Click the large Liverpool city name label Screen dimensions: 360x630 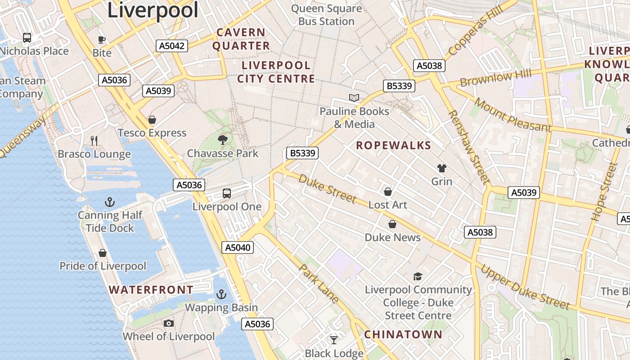tap(153, 10)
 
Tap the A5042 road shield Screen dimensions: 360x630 tap(172, 45)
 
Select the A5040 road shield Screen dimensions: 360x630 tap(237, 247)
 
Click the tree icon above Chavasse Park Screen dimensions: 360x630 tap(222, 140)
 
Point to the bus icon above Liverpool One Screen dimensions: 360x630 tap(227, 193)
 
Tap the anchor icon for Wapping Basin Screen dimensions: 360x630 tap(221, 294)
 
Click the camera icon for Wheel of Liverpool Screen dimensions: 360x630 tap(169, 323)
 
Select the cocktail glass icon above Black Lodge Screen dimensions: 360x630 tap(334, 340)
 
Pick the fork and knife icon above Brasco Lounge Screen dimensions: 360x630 tap(94, 141)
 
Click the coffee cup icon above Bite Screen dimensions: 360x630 tap(102, 40)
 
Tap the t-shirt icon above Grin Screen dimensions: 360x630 tap(441, 168)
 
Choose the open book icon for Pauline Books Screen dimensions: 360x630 tap(354, 98)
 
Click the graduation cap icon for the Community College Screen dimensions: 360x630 tap(418, 276)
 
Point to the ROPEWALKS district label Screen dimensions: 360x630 tap(393, 145)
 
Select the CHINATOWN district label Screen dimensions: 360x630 tap(403, 334)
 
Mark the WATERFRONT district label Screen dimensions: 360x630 tap(151, 290)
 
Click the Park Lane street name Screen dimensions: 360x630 tap(319, 283)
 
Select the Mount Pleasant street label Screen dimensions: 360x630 tap(512, 115)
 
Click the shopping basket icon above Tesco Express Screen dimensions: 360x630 tap(152, 120)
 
